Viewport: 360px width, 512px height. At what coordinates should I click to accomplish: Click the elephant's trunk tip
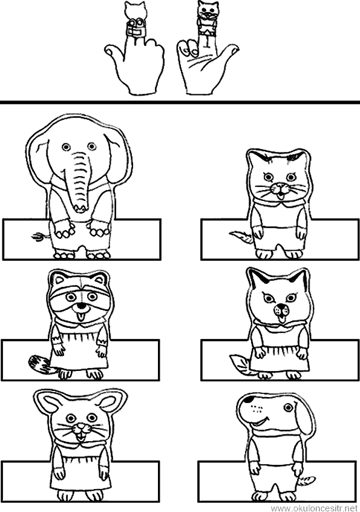[x=80, y=207]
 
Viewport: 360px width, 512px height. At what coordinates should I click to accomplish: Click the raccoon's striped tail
[x=39, y=364]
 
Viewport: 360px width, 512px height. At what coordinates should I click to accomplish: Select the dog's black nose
[x=249, y=399]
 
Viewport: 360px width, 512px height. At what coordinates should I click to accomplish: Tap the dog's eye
[x=287, y=407]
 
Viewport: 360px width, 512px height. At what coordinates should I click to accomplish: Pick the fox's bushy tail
[x=240, y=364]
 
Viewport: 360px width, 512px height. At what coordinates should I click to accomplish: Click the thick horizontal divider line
[x=180, y=102]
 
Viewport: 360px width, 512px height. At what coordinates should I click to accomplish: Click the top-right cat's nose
[x=278, y=187]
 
